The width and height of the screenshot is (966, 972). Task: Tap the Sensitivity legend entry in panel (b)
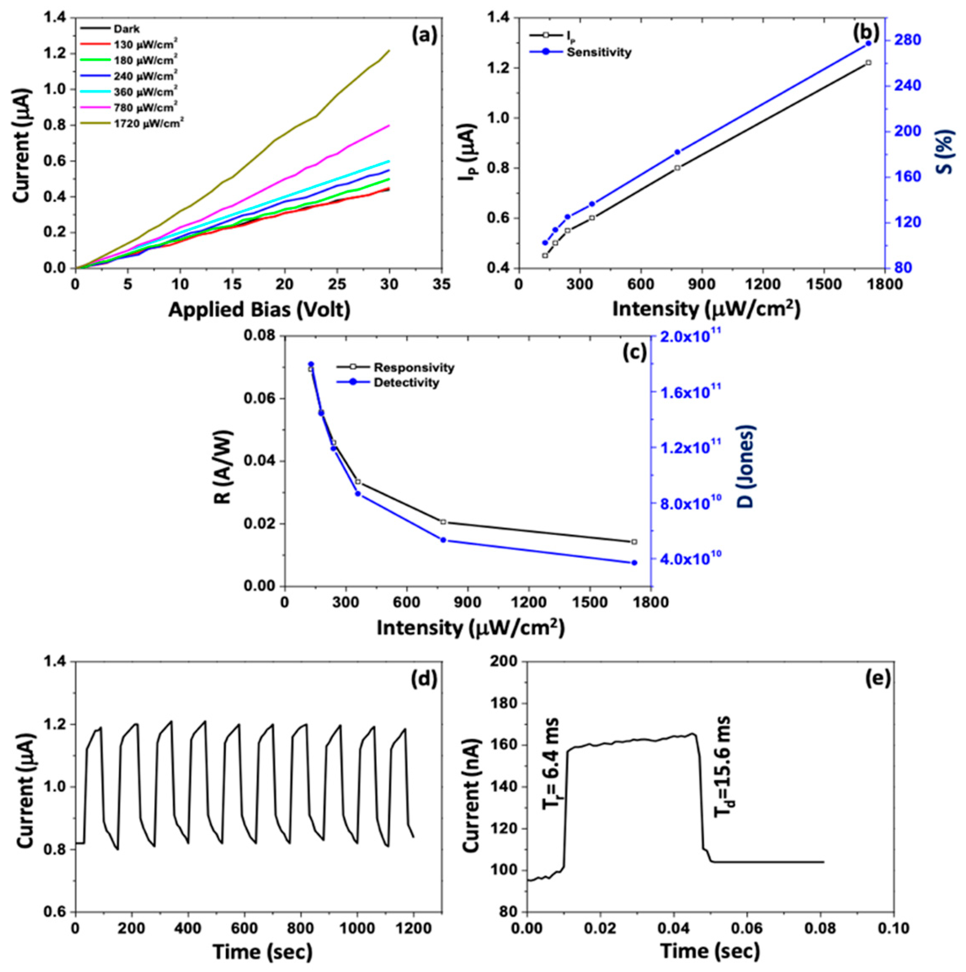point(598,52)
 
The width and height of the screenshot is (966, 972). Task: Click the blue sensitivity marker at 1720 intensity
point(868,44)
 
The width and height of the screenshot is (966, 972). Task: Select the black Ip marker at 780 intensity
point(677,168)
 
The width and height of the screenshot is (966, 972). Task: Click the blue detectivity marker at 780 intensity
point(443,540)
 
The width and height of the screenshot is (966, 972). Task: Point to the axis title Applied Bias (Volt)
point(259,310)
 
